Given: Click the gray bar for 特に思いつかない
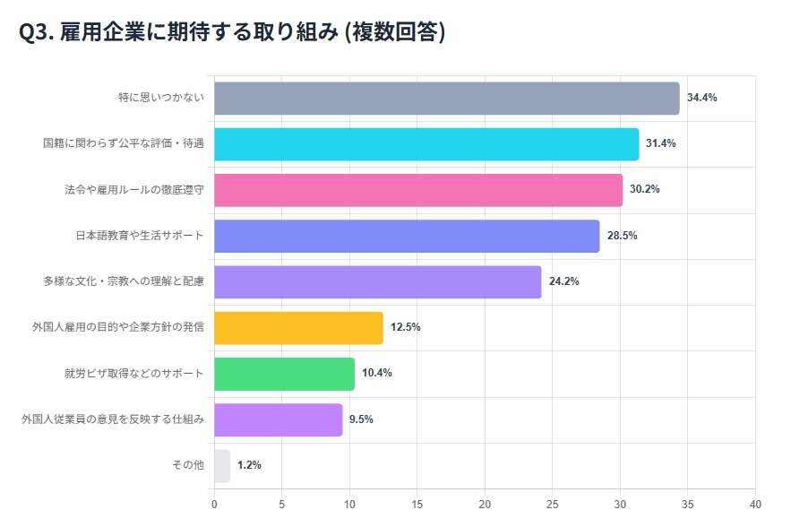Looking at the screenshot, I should tap(446, 99).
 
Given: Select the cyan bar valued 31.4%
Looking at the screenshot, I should tap(426, 144).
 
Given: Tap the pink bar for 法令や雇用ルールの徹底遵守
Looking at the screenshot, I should tap(418, 190).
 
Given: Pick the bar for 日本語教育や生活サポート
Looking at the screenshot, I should tap(407, 236).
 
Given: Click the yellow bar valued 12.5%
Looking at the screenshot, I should tap(298, 327).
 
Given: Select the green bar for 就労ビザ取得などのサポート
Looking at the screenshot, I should tap(284, 373).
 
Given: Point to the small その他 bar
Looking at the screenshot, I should tap(222, 465).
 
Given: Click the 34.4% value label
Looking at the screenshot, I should tap(701, 98).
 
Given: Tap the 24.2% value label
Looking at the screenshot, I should tap(563, 281).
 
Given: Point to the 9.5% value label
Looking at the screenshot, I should tap(361, 419).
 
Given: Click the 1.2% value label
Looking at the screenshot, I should tap(249, 465).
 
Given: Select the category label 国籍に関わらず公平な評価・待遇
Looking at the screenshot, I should tap(124, 144).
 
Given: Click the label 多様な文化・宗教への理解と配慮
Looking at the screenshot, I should tap(124, 281).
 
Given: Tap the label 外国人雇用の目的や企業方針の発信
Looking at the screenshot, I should tap(118, 327).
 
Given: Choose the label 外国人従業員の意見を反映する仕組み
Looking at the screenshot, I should tap(113, 419).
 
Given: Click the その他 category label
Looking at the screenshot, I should tap(188, 465).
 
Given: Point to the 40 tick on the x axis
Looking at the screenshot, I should tap(755, 504).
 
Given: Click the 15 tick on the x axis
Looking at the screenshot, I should tap(417, 504).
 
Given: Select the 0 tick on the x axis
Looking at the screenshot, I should tap(214, 504).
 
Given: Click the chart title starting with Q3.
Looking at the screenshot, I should tap(232, 32).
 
